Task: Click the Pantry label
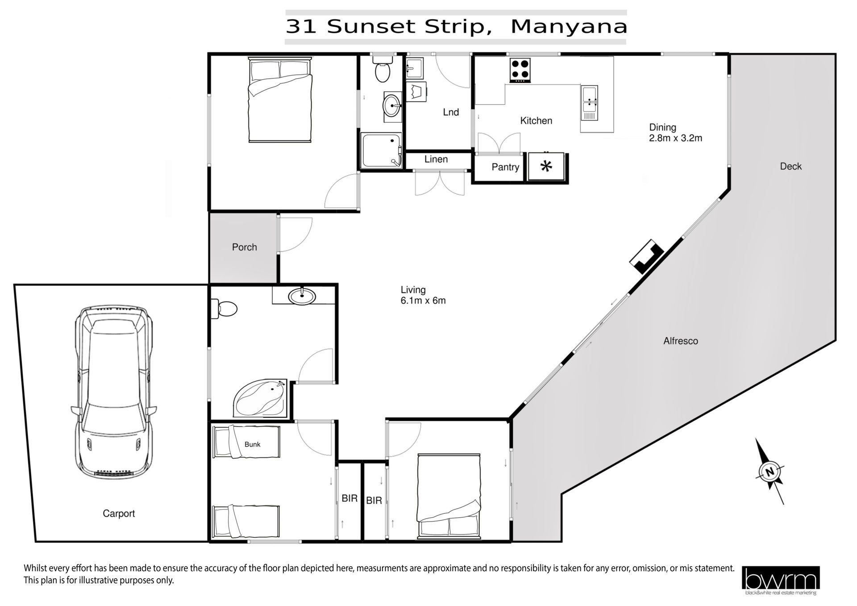[505, 167]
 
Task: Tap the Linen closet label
[436, 159]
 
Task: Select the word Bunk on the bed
[252, 444]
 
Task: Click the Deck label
[791, 166]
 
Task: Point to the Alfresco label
[681, 341]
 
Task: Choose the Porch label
[245, 247]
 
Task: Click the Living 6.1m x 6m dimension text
[423, 295]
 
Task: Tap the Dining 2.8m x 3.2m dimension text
[675, 133]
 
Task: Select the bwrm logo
[781, 580]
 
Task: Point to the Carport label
[119, 514]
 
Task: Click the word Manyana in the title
[569, 26]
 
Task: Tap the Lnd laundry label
[451, 112]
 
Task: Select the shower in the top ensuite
[382, 150]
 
